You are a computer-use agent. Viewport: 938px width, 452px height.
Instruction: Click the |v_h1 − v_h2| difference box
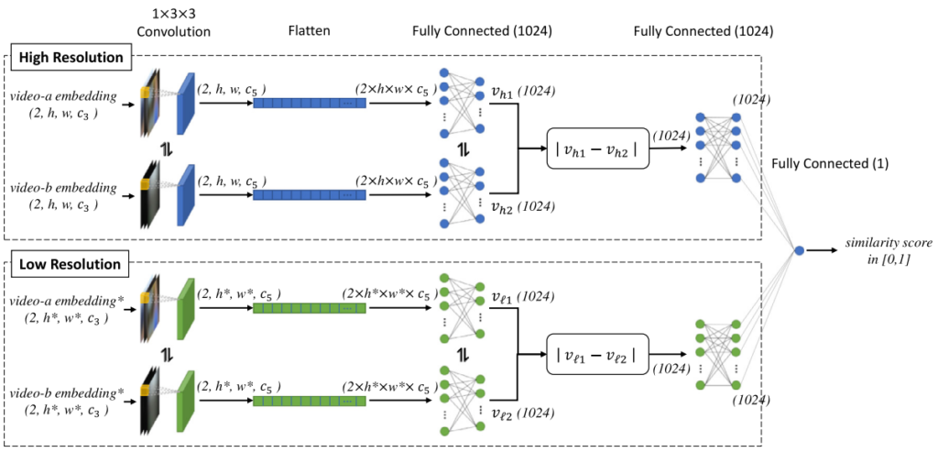pos(596,147)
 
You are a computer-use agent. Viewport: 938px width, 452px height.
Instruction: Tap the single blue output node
pos(799,250)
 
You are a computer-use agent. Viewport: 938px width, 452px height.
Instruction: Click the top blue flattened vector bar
pos(309,104)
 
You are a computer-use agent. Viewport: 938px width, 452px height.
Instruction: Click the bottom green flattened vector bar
pos(309,402)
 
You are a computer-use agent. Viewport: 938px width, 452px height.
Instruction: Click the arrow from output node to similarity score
pos(826,250)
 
